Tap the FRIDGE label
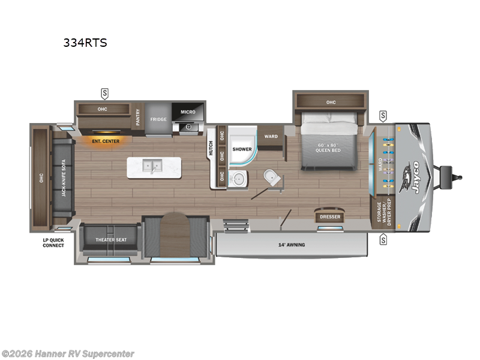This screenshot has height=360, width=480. tap(158, 119)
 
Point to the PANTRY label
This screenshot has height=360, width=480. tap(138, 117)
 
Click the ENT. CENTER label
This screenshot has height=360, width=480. tap(106, 141)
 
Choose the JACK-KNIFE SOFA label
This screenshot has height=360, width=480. tap(62, 175)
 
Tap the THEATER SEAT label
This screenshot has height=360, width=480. tap(112, 240)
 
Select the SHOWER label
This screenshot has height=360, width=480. tap(242, 149)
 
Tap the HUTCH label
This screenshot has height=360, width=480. tap(211, 148)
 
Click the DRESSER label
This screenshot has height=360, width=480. tap(330, 217)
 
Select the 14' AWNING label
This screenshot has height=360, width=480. tap(292, 245)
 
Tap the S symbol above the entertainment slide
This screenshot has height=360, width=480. tap(105, 93)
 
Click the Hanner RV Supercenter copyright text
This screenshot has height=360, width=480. tap(68, 354)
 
